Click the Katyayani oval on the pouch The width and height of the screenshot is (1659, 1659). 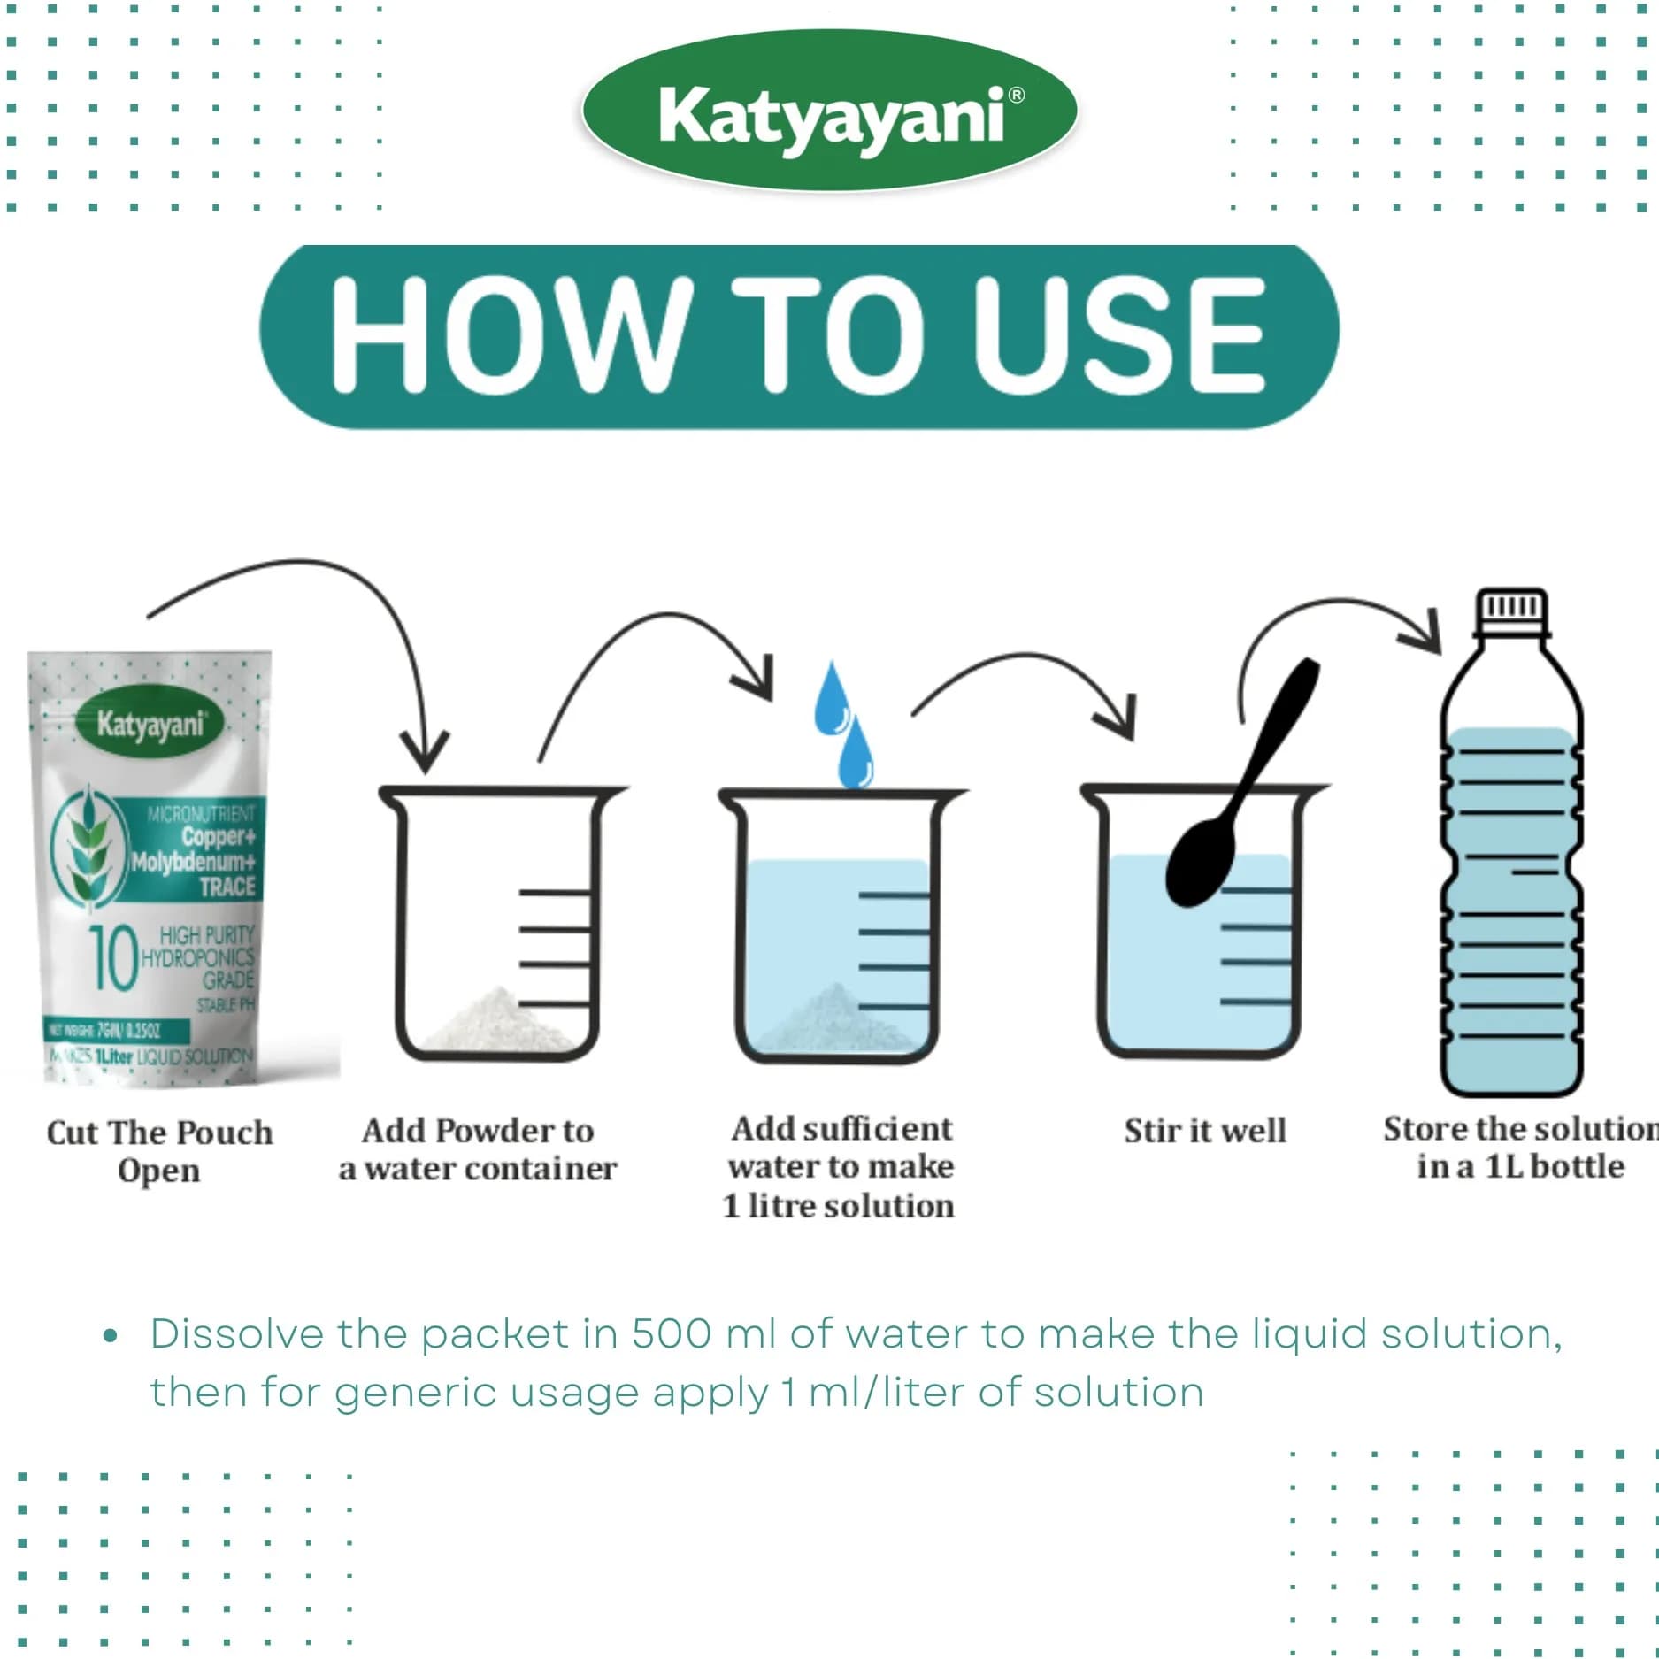click(150, 725)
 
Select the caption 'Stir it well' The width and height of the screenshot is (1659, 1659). click(1204, 1131)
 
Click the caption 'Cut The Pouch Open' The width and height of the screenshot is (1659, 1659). click(159, 1150)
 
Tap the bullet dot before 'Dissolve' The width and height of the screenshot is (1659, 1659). click(110, 1335)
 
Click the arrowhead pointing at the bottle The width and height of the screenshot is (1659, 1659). click(1426, 634)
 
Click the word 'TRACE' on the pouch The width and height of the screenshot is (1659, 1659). click(227, 887)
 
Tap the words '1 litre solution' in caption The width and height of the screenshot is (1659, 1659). click(838, 1206)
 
